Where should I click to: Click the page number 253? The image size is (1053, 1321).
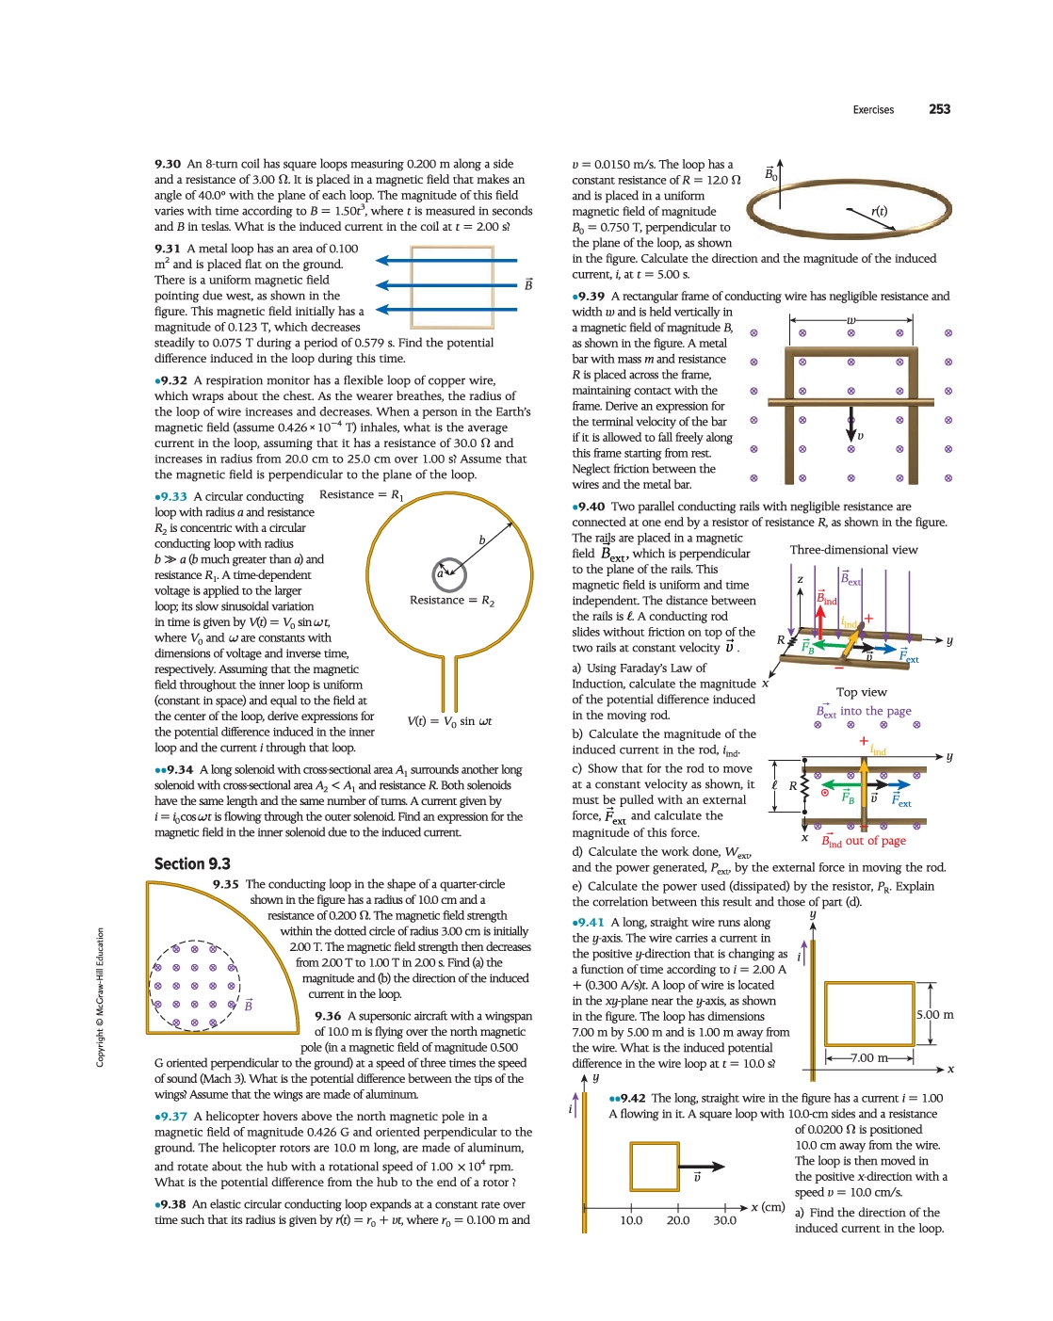(939, 109)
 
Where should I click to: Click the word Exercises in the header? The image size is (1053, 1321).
(873, 110)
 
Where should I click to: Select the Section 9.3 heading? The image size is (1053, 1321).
(192, 863)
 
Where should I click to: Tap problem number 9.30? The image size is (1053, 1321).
(168, 164)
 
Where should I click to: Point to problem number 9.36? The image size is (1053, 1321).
(328, 1016)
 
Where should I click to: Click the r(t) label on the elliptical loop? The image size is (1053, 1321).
(879, 212)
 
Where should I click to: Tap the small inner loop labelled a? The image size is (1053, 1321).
(449, 572)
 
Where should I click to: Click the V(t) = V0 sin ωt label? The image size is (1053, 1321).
(449, 721)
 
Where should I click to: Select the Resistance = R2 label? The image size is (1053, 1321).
(452, 601)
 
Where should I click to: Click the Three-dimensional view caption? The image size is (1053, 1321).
(853, 550)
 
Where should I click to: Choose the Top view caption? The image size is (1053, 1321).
(861, 692)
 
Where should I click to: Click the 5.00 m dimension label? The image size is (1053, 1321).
(934, 1015)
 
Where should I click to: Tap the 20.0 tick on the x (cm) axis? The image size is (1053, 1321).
(678, 1220)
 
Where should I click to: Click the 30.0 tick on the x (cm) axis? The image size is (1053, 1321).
(724, 1220)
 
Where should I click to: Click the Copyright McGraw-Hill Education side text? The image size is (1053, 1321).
(100, 998)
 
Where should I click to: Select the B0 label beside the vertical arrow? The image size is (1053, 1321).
(770, 174)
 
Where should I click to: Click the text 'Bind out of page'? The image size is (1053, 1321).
(863, 841)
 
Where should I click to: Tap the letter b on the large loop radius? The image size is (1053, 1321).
(482, 540)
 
